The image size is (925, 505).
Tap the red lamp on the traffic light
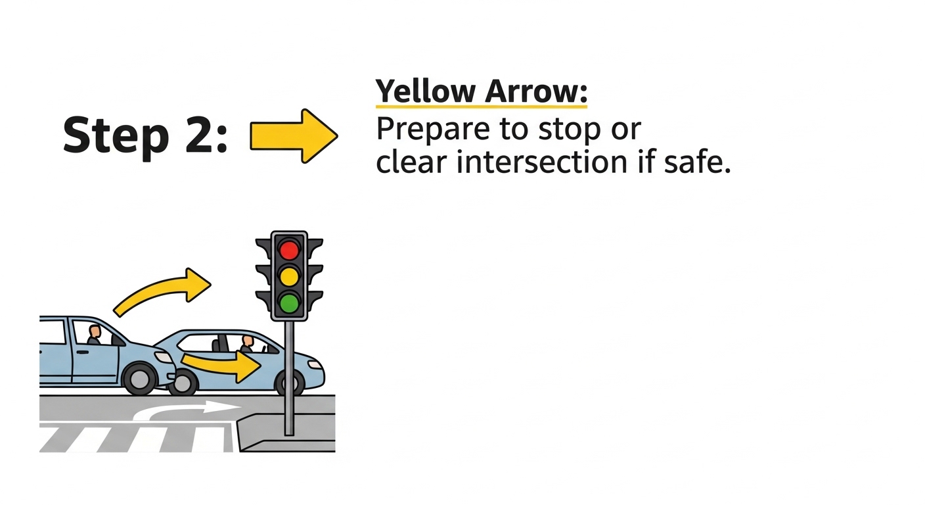(x=289, y=250)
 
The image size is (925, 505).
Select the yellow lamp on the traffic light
(x=289, y=276)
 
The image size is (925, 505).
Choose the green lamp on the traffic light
(x=289, y=302)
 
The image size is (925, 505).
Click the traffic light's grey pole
(x=289, y=381)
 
